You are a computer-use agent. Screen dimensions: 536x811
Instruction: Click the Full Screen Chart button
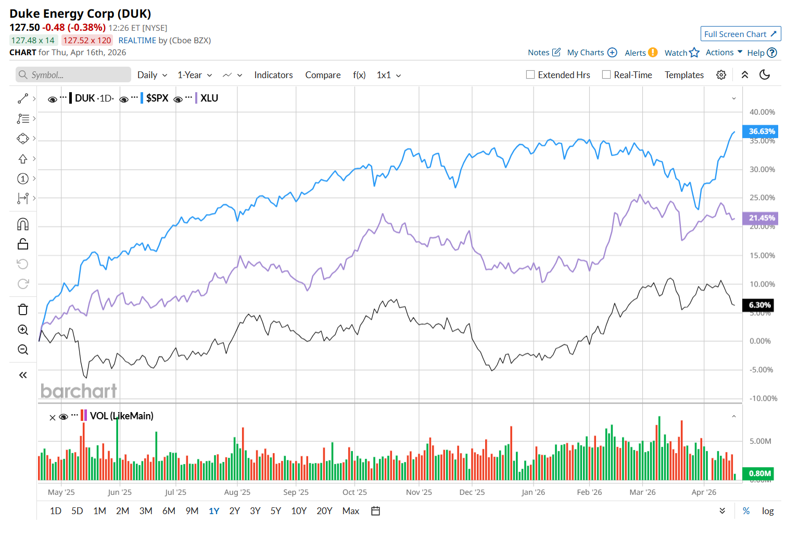coord(740,34)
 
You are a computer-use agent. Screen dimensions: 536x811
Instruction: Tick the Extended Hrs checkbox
coord(530,74)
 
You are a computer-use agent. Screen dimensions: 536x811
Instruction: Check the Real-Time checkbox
coord(606,74)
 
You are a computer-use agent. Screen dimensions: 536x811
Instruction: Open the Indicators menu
coord(273,75)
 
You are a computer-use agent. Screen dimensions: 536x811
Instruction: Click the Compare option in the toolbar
coord(323,75)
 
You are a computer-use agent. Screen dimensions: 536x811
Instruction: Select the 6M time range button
coord(169,511)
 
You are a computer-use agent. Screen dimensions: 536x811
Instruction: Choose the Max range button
coord(350,511)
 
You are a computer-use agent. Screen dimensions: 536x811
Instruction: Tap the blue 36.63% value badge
coord(761,131)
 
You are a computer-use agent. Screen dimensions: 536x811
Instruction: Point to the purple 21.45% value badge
coord(761,218)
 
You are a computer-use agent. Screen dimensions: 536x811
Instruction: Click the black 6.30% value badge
coord(759,305)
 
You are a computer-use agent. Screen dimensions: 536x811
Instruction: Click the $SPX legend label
coord(157,98)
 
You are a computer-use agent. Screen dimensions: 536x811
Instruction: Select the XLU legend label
coord(209,98)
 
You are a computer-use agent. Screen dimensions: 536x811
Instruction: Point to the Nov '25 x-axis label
coord(419,492)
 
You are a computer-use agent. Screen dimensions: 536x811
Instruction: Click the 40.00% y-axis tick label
coord(762,112)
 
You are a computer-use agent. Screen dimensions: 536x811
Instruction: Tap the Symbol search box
coord(73,74)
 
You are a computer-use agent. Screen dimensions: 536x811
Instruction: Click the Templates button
coord(684,75)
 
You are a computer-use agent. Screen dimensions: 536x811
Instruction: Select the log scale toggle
coord(767,511)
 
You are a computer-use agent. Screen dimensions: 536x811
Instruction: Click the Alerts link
coord(635,53)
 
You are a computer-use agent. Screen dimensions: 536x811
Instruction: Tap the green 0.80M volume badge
coord(759,473)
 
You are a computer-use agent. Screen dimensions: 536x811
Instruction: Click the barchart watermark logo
coord(79,391)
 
